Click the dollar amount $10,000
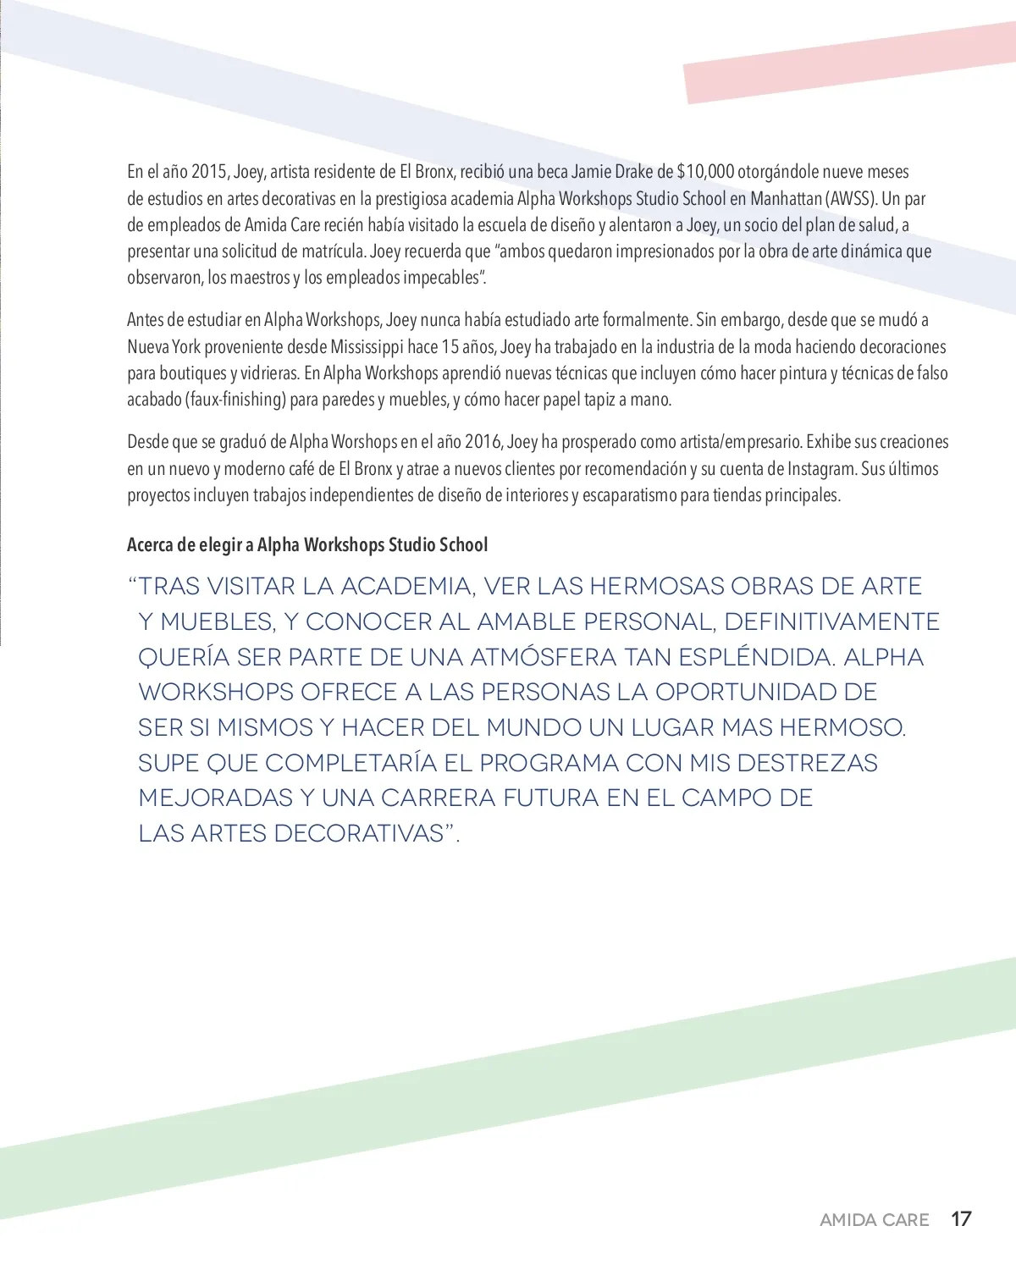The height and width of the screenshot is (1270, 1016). (x=705, y=172)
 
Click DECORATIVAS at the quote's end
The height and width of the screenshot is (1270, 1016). (x=359, y=833)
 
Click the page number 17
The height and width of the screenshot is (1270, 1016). (x=961, y=1219)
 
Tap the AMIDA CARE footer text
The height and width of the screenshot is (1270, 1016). (x=875, y=1220)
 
